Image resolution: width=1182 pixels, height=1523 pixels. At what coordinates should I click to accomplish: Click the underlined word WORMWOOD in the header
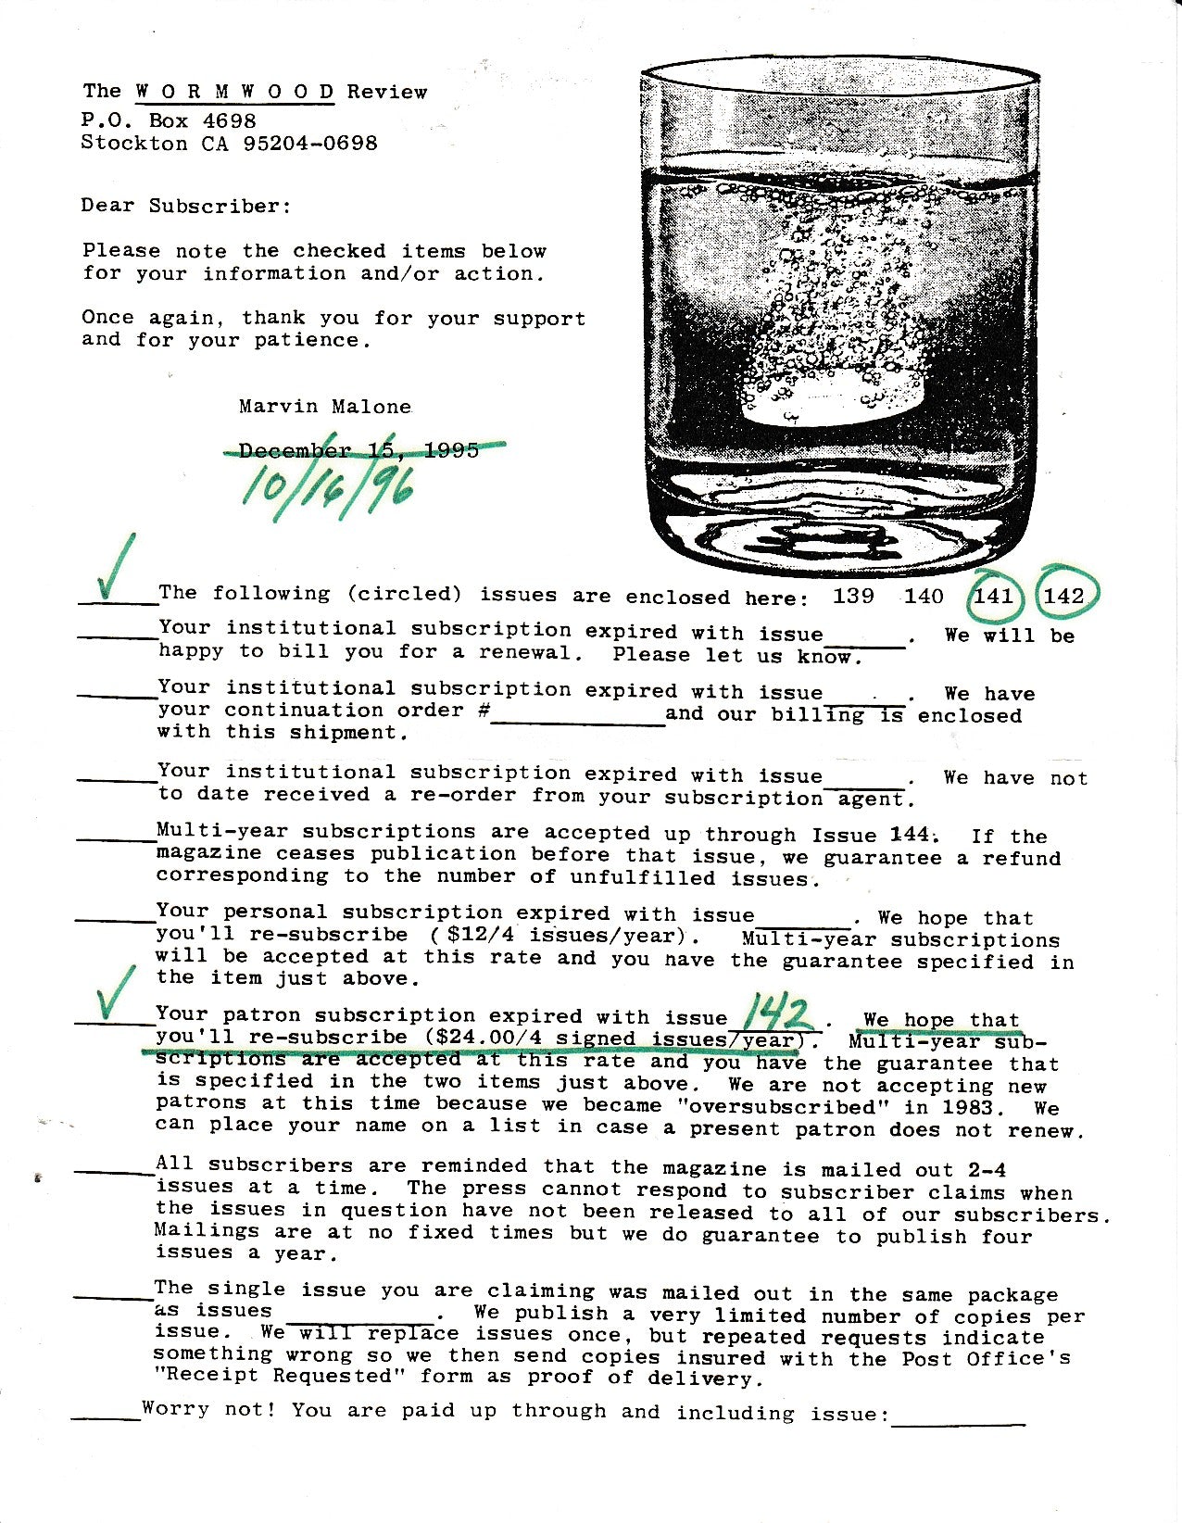pyautogui.click(x=235, y=92)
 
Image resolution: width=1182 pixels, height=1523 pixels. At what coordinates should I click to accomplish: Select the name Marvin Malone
pyautogui.click(x=325, y=406)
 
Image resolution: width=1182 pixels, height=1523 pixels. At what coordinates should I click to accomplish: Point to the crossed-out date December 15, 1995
pyautogui.click(x=359, y=451)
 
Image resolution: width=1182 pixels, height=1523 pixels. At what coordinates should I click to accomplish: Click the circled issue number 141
pyautogui.click(x=994, y=596)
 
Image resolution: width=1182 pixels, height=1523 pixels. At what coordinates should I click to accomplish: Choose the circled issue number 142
pyautogui.click(x=1064, y=596)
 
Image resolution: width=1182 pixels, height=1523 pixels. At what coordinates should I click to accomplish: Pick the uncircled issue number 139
pyautogui.click(x=852, y=596)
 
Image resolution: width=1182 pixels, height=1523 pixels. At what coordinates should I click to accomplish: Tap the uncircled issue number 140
pyautogui.click(x=924, y=596)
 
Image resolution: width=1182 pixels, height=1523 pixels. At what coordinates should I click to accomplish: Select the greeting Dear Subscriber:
pyautogui.click(x=186, y=206)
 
